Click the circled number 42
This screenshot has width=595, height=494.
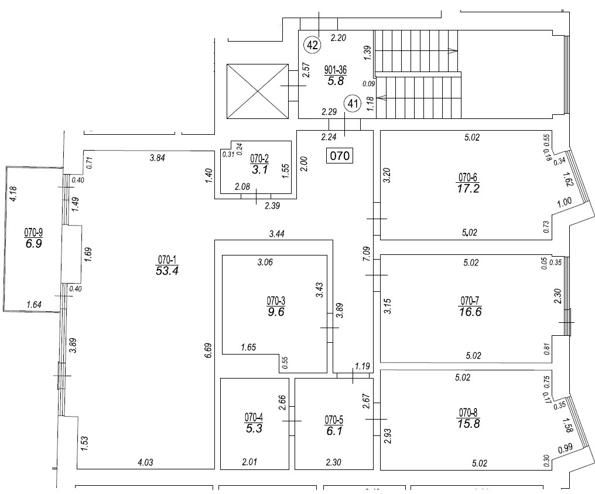[x=312, y=44]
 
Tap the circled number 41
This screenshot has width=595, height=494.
[x=352, y=104]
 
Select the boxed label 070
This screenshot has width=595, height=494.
[x=339, y=156]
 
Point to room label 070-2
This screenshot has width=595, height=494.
[x=259, y=158]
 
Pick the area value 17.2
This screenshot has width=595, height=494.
[x=469, y=188]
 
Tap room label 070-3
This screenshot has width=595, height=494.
[x=276, y=301]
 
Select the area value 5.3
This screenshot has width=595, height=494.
[x=254, y=428]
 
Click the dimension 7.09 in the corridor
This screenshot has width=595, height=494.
[x=365, y=254]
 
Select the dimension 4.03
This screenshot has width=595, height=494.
[x=146, y=463]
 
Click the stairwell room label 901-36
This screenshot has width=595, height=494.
[x=336, y=71]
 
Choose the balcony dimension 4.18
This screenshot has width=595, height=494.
[x=13, y=194]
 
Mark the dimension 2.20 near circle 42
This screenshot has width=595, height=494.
[x=338, y=38]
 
